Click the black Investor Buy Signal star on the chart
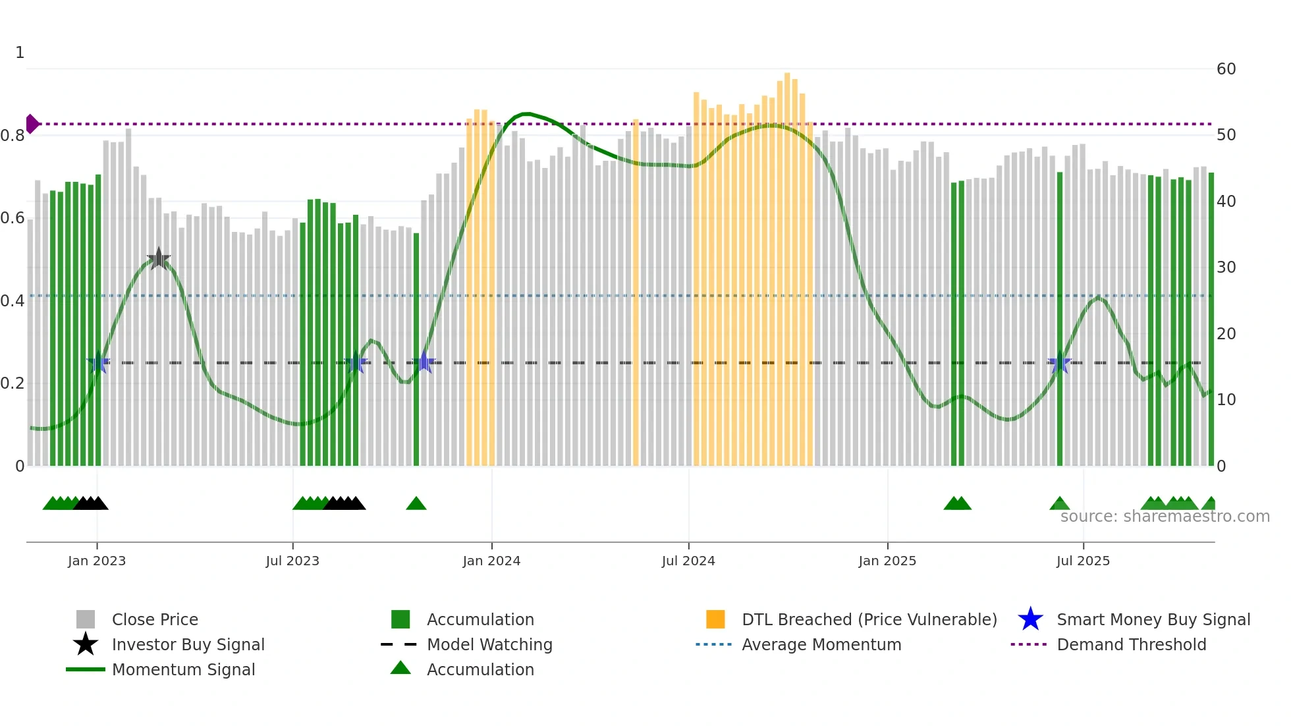click(x=159, y=259)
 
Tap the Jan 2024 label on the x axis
click(x=491, y=561)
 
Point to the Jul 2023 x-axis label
click(x=292, y=561)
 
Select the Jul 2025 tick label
click(x=1083, y=561)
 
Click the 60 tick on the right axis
click(x=1226, y=69)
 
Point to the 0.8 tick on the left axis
click(x=13, y=136)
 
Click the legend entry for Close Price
click(x=155, y=619)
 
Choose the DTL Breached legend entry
click(x=869, y=619)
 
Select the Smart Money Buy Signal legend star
click(x=1030, y=619)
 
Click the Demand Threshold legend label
click(x=1131, y=644)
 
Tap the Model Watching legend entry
click(x=489, y=644)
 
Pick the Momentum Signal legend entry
click(x=183, y=669)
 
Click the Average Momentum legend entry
click(x=821, y=644)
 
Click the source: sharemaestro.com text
click(x=1165, y=517)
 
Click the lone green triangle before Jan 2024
click(x=416, y=504)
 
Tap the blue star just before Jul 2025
click(x=1059, y=363)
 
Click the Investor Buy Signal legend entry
click(x=188, y=644)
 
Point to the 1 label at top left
click(x=20, y=53)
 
